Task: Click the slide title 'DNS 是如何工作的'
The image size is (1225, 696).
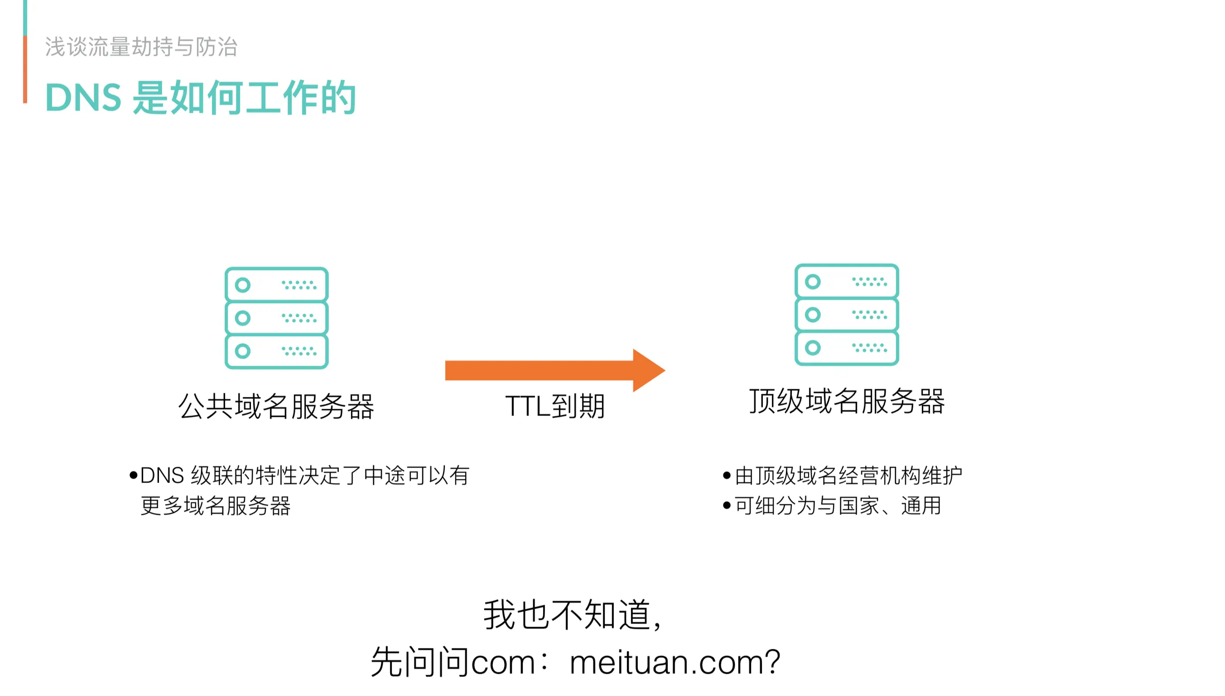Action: pyautogui.click(x=200, y=97)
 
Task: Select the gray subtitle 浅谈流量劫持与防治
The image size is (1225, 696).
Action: pyautogui.click(x=141, y=47)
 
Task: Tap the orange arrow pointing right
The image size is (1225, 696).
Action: pyautogui.click(x=554, y=371)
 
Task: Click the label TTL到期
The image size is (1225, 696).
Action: pyautogui.click(x=555, y=406)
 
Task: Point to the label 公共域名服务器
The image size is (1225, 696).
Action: pyautogui.click(x=276, y=406)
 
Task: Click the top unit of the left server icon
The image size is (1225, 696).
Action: pyautogui.click(x=276, y=285)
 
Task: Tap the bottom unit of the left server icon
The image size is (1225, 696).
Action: pyautogui.click(x=276, y=351)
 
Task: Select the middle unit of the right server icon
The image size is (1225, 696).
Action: pyautogui.click(x=847, y=314)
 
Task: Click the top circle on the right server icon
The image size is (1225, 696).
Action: pyautogui.click(x=813, y=281)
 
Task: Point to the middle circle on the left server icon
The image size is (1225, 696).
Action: pyautogui.click(x=243, y=318)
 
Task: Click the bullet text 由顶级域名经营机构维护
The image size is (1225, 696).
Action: pyautogui.click(x=849, y=475)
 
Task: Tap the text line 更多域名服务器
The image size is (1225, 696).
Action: pyautogui.click(x=216, y=505)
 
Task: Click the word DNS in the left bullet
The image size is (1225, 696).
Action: pyautogui.click(x=162, y=475)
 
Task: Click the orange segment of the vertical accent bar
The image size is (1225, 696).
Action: pyautogui.click(x=25, y=69)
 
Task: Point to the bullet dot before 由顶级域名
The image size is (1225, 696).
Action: pyautogui.click(x=727, y=476)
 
